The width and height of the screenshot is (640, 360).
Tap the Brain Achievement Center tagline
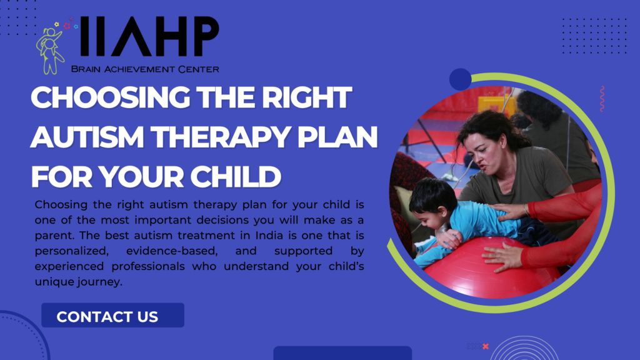(x=145, y=69)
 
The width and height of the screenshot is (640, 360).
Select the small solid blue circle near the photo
(x=460, y=79)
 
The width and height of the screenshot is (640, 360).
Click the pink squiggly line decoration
(x=602, y=99)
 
